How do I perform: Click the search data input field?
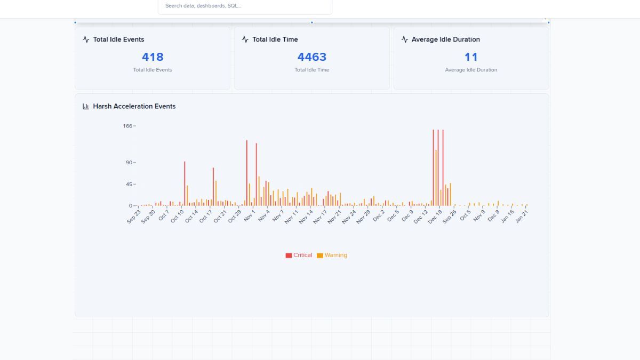(245, 6)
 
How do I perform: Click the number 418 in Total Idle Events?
(153, 57)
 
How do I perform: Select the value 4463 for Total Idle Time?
(311, 57)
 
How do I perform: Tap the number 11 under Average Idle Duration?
(471, 57)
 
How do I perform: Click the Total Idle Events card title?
(118, 39)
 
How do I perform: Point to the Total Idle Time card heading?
(275, 39)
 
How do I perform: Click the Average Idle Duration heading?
(445, 39)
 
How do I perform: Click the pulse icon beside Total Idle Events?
(86, 39)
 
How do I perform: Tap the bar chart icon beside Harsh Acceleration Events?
(86, 107)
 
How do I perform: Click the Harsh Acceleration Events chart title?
(134, 107)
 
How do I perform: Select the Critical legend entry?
(299, 255)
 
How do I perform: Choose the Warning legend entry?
(332, 255)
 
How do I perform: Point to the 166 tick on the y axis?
(127, 126)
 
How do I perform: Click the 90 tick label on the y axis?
(129, 163)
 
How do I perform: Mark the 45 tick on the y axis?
(129, 185)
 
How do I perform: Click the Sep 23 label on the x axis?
(134, 216)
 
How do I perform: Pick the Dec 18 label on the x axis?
(435, 216)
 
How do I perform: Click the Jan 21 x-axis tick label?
(522, 216)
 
